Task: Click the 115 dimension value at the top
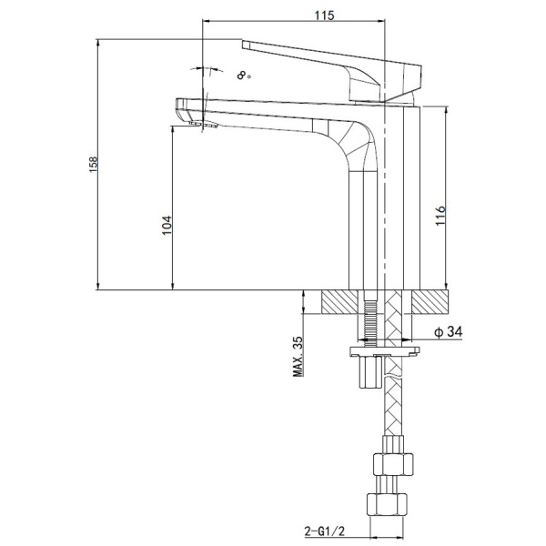(324, 15)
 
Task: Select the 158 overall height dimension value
(94, 165)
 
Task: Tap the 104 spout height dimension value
(167, 226)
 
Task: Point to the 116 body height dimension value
(440, 216)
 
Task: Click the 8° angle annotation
(243, 75)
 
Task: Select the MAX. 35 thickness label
(298, 356)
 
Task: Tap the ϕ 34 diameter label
(449, 331)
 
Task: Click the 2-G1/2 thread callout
(325, 531)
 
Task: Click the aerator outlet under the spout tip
(204, 125)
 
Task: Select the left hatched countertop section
(339, 302)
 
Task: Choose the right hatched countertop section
(430, 302)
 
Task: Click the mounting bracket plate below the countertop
(384, 351)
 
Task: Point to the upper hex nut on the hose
(393, 464)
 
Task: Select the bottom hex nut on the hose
(387, 504)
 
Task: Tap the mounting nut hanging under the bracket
(371, 372)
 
